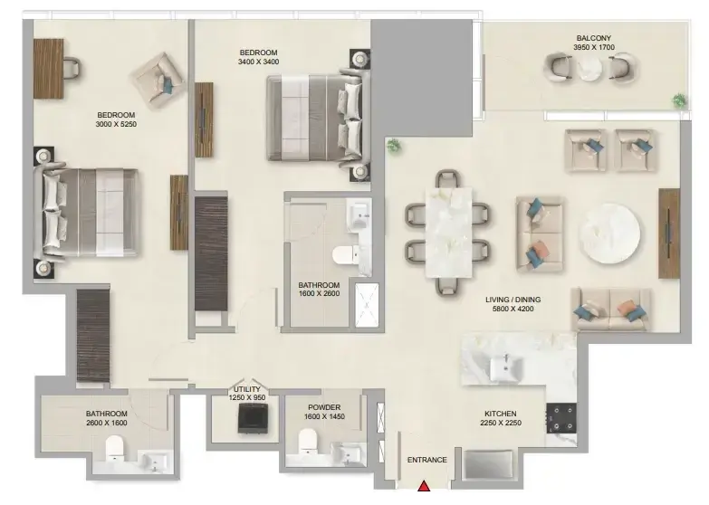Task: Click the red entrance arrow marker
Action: coord(424,486)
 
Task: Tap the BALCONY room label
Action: coord(594,38)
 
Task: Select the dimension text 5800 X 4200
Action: coord(513,309)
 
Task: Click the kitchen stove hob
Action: coord(561,418)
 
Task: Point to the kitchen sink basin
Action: coord(506,367)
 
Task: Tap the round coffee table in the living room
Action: coord(609,233)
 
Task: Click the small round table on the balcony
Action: coord(590,68)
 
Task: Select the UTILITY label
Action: coord(247,389)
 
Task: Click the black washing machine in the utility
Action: coord(254,419)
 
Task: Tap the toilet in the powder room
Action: coord(308,441)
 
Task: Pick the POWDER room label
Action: coord(324,407)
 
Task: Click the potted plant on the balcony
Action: coord(679,100)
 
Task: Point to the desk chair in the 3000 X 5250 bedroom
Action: coord(72,68)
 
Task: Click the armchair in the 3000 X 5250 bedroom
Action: coord(158,80)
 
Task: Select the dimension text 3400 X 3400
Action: coord(259,62)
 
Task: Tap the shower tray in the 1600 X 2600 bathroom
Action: coord(367,305)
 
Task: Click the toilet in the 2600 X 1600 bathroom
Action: coord(114,448)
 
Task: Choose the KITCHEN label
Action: coord(501,414)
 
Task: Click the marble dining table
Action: coord(448,233)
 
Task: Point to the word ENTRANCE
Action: coord(426,460)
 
